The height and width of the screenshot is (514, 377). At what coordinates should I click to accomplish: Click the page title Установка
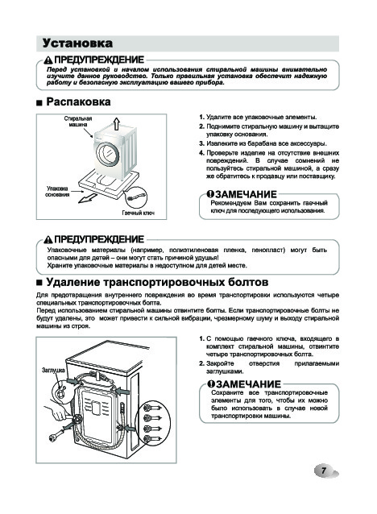click(77, 44)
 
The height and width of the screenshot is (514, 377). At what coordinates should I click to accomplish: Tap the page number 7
click(324, 470)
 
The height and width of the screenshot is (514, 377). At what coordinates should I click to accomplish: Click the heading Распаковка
click(78, 102)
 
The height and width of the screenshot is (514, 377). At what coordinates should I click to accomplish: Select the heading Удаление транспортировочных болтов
click(157, 282)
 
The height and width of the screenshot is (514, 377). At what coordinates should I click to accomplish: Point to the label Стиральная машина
click(78, 122)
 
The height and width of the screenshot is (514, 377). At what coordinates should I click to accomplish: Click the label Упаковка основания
click(57, 192)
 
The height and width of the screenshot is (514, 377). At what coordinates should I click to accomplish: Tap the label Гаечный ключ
click(138, 213)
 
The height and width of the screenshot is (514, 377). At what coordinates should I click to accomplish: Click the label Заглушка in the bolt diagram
click(53, 370)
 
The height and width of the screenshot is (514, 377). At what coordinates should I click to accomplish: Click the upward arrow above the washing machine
click(116, 124)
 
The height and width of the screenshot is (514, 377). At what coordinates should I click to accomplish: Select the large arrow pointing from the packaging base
click(87, 198)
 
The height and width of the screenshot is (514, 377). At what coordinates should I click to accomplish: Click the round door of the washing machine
click(108, 153)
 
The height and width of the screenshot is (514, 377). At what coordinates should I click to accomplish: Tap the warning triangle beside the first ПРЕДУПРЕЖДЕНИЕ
click(48, 60)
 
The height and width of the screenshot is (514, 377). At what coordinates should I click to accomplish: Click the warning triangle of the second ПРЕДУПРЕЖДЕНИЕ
click(48, 239)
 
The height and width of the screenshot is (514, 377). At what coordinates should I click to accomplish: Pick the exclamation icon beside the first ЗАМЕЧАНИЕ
click(210, 194)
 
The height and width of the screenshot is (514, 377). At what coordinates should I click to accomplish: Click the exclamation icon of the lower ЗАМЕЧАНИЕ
click(211, 383)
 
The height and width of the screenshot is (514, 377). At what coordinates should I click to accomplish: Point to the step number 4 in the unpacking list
click(201, 153)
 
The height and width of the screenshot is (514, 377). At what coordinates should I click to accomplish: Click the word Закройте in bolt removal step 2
click(220, 363)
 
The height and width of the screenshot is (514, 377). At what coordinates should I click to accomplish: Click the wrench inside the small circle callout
click(135, 197)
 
